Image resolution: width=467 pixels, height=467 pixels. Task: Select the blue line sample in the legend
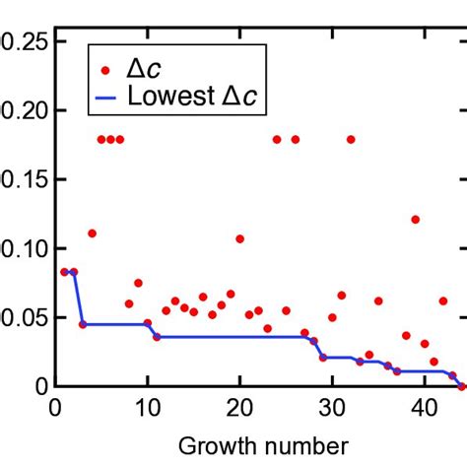105,97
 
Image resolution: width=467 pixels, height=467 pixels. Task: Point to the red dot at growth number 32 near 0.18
351,139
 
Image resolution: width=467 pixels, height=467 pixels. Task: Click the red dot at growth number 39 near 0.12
416,220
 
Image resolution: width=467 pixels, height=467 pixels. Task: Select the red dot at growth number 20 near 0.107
239,238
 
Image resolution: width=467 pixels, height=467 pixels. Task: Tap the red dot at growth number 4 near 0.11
92,233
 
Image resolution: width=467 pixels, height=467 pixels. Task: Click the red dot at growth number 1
64,272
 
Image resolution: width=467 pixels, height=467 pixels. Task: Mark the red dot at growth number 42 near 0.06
443,300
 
